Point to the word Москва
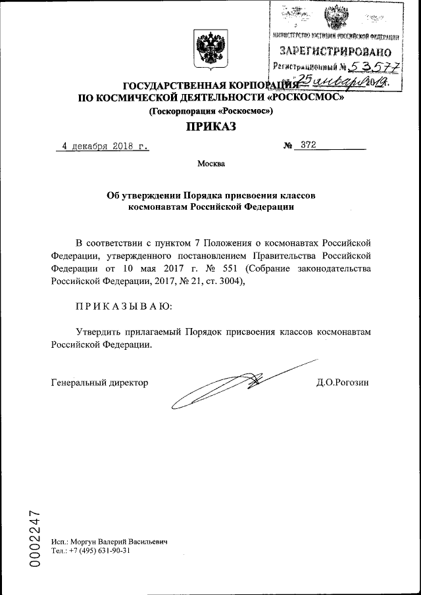(211, 164)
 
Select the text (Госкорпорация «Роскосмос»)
(211, 111)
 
